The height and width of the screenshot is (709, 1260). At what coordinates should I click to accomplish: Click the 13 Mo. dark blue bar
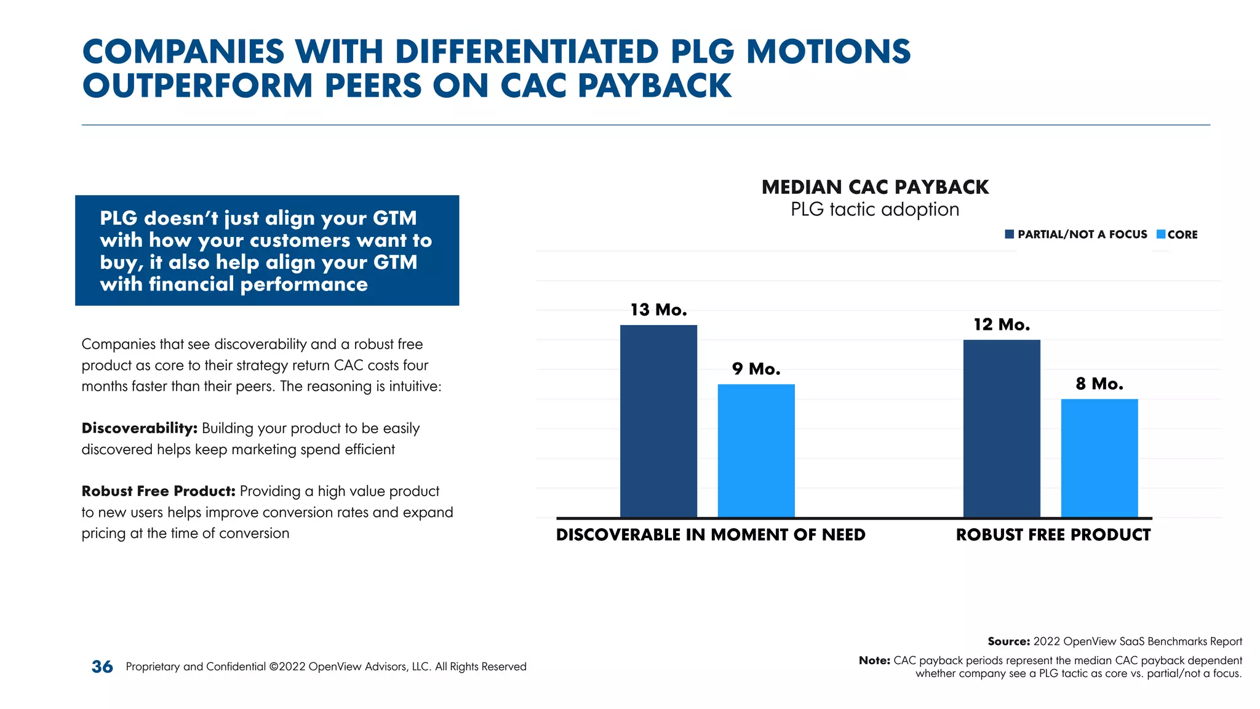tap(658, 421)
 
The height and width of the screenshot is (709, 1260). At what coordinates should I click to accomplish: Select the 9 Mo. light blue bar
tap(756, 451)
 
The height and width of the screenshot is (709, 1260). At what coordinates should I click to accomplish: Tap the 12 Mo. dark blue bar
tap(1002, 428)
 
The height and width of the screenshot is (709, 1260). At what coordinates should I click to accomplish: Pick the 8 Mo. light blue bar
tap(1099, 458)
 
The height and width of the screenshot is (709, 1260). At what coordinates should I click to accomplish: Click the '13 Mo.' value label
tap(658, 310)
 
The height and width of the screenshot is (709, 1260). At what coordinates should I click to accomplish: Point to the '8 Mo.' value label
tap(1099, 383)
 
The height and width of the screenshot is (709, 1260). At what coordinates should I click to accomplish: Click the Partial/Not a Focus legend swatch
tap(1009, 234)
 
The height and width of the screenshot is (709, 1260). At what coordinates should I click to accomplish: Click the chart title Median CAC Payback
tap(875, 187)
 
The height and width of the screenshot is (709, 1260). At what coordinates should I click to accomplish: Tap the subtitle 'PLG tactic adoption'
tap(875, 209)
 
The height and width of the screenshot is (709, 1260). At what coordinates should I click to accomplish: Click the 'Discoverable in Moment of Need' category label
tap(711, 535)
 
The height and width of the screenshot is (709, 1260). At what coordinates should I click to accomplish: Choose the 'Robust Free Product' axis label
tap(1053, 535)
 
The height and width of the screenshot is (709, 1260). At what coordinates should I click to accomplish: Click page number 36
tap(102, 667)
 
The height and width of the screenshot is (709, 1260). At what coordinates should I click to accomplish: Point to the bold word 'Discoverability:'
tap(139, 428)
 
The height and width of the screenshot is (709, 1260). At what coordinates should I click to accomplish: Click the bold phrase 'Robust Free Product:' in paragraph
tap(159, 491)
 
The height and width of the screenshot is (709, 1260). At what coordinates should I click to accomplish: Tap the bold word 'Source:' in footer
tap(1008, 641)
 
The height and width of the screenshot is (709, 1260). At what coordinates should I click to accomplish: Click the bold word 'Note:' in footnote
tap(874, 660)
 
